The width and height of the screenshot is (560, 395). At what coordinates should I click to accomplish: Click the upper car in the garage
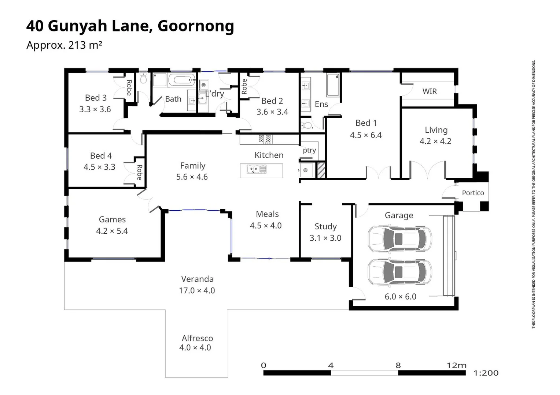point(399,239)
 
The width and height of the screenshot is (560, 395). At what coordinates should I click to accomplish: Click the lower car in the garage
point(399,272)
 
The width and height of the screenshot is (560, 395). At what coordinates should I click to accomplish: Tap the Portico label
point(472,193)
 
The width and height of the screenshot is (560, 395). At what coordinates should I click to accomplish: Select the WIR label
point(429,91)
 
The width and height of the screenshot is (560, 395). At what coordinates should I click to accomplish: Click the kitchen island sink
point(256,169)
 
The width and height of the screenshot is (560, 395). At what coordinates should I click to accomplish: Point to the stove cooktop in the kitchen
point(265,139)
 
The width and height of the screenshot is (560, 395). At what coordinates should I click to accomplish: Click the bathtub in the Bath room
point(182,80)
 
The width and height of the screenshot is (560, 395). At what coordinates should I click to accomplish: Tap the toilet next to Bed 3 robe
point(143,78)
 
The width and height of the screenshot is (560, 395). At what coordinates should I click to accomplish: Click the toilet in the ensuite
point(307,125)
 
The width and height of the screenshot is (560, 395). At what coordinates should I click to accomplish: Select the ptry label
point(309,150)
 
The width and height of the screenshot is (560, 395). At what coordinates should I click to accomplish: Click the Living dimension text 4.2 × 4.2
point(435,141)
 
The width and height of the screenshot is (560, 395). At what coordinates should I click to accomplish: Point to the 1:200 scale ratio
point(486,373)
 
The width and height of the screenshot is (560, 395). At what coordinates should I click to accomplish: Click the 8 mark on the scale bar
point(398,365)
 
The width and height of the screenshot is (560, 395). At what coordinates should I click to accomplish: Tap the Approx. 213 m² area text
point(64,45)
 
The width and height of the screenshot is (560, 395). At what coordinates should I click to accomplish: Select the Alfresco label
point(197,338)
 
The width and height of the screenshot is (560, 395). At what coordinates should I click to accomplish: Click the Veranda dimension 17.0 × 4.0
point(197,290)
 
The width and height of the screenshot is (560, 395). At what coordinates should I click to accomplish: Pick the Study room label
point(325,226)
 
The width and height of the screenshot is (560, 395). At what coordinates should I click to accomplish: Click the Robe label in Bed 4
point(139,172)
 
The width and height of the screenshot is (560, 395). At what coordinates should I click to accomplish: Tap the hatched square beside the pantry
point(321,170)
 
